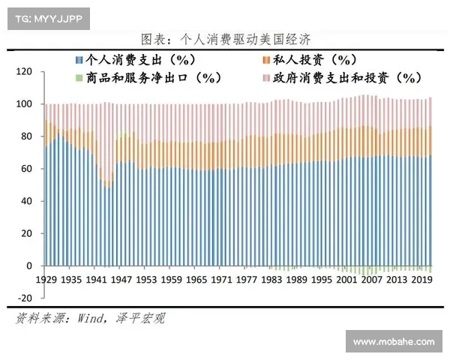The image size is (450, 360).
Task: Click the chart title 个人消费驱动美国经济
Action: tap(225, 38)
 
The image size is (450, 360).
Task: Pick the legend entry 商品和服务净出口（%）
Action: tap(151, 76)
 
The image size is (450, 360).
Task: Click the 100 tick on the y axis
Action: tap(25, 104)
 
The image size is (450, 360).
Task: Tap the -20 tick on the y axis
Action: tap(25, 298)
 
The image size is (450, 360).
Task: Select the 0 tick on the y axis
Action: tap(30, 265)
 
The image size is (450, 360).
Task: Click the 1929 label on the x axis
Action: tap(46, 279)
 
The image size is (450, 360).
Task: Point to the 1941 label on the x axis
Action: tap(97, 279)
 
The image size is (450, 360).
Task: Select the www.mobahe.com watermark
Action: tap(394, 341)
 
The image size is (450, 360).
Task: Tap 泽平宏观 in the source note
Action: tap(140, 318)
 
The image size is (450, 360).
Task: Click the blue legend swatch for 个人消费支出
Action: tap(79, 59)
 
